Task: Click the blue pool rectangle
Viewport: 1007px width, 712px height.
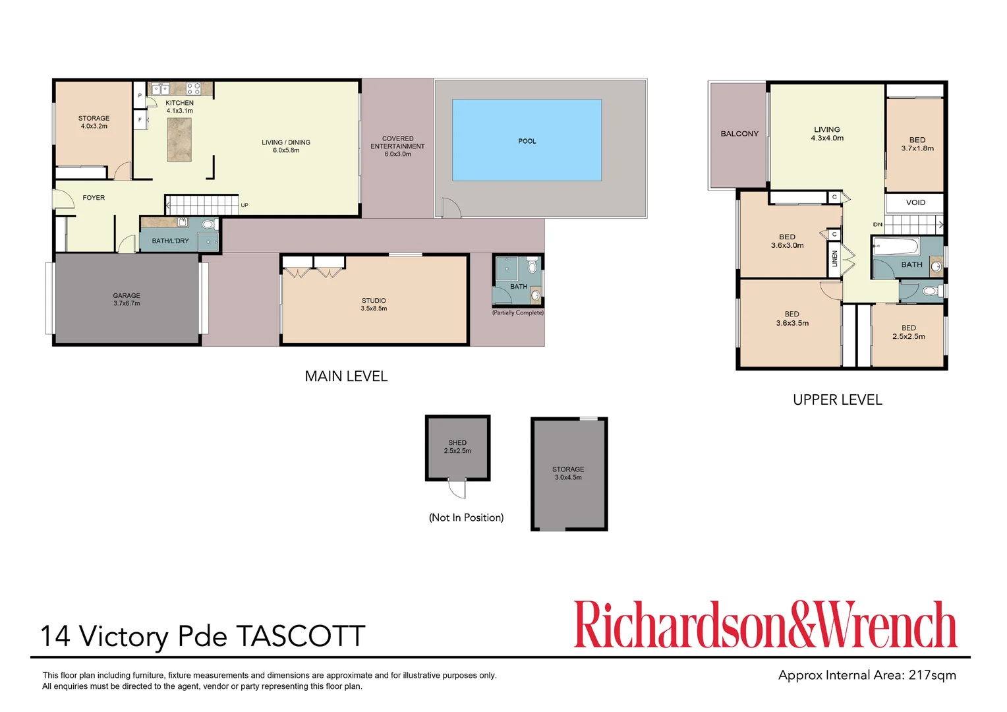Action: coord(527,140)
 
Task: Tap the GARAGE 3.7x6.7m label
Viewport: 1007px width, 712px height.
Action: coord(127,299)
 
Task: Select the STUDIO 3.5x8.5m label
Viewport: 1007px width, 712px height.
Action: coord(374,304)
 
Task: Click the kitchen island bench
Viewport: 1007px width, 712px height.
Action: coord(179,140)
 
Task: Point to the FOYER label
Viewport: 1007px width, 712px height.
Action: coord(94,198)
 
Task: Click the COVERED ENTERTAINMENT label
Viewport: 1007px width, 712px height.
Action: coord(397,146)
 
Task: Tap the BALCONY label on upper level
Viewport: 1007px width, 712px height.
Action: coord(739,134)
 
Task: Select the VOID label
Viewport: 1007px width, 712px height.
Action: coord(915,202)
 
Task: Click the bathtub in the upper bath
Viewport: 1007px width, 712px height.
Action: coord(896,247)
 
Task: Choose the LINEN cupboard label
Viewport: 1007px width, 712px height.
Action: coord(835,258)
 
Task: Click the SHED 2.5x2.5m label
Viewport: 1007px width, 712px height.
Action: coord(457,447)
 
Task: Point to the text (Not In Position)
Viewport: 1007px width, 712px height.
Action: coord(466,518)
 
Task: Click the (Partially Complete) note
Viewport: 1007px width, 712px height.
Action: coord(518,312)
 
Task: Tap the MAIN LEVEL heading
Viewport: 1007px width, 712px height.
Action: coord(346,376)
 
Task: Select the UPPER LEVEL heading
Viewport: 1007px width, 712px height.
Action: coord(837,400)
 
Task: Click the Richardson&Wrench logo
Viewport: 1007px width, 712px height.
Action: coord(765,624)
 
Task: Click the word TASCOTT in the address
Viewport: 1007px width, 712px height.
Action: coord(301,637)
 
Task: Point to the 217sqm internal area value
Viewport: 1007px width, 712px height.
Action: coord(932,675)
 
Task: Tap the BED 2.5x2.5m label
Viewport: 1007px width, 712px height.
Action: coord(909,332)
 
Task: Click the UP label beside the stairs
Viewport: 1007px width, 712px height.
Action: coord(245,205)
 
